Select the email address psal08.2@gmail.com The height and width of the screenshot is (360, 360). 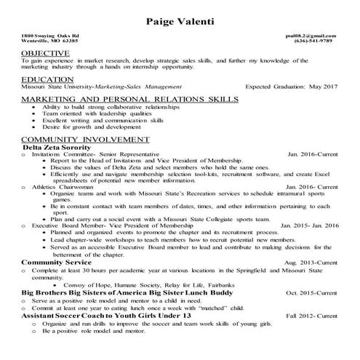coord(311,35)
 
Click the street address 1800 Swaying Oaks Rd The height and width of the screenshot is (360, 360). coord(50,35)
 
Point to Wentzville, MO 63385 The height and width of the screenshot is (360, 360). coord(49,41)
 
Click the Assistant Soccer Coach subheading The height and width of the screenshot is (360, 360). coord(106,316)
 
